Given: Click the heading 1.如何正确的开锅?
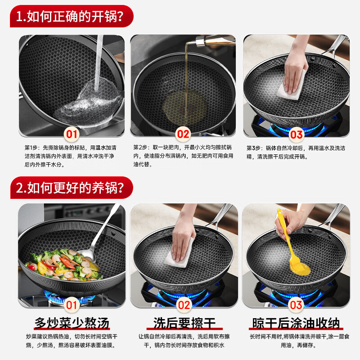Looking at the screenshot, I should coord(72,17).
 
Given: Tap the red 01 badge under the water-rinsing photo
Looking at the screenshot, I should coord(72,134).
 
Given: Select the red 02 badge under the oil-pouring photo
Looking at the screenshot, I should coord(183,134).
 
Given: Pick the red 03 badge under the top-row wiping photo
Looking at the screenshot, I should coord(296,134).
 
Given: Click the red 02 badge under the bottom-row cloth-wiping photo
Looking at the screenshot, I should coord(183,305).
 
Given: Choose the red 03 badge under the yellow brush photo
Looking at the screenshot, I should coord(296,305).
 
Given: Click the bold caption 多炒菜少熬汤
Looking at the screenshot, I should coord(72,323).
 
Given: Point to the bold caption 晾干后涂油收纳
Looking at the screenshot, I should coord(296,323).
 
